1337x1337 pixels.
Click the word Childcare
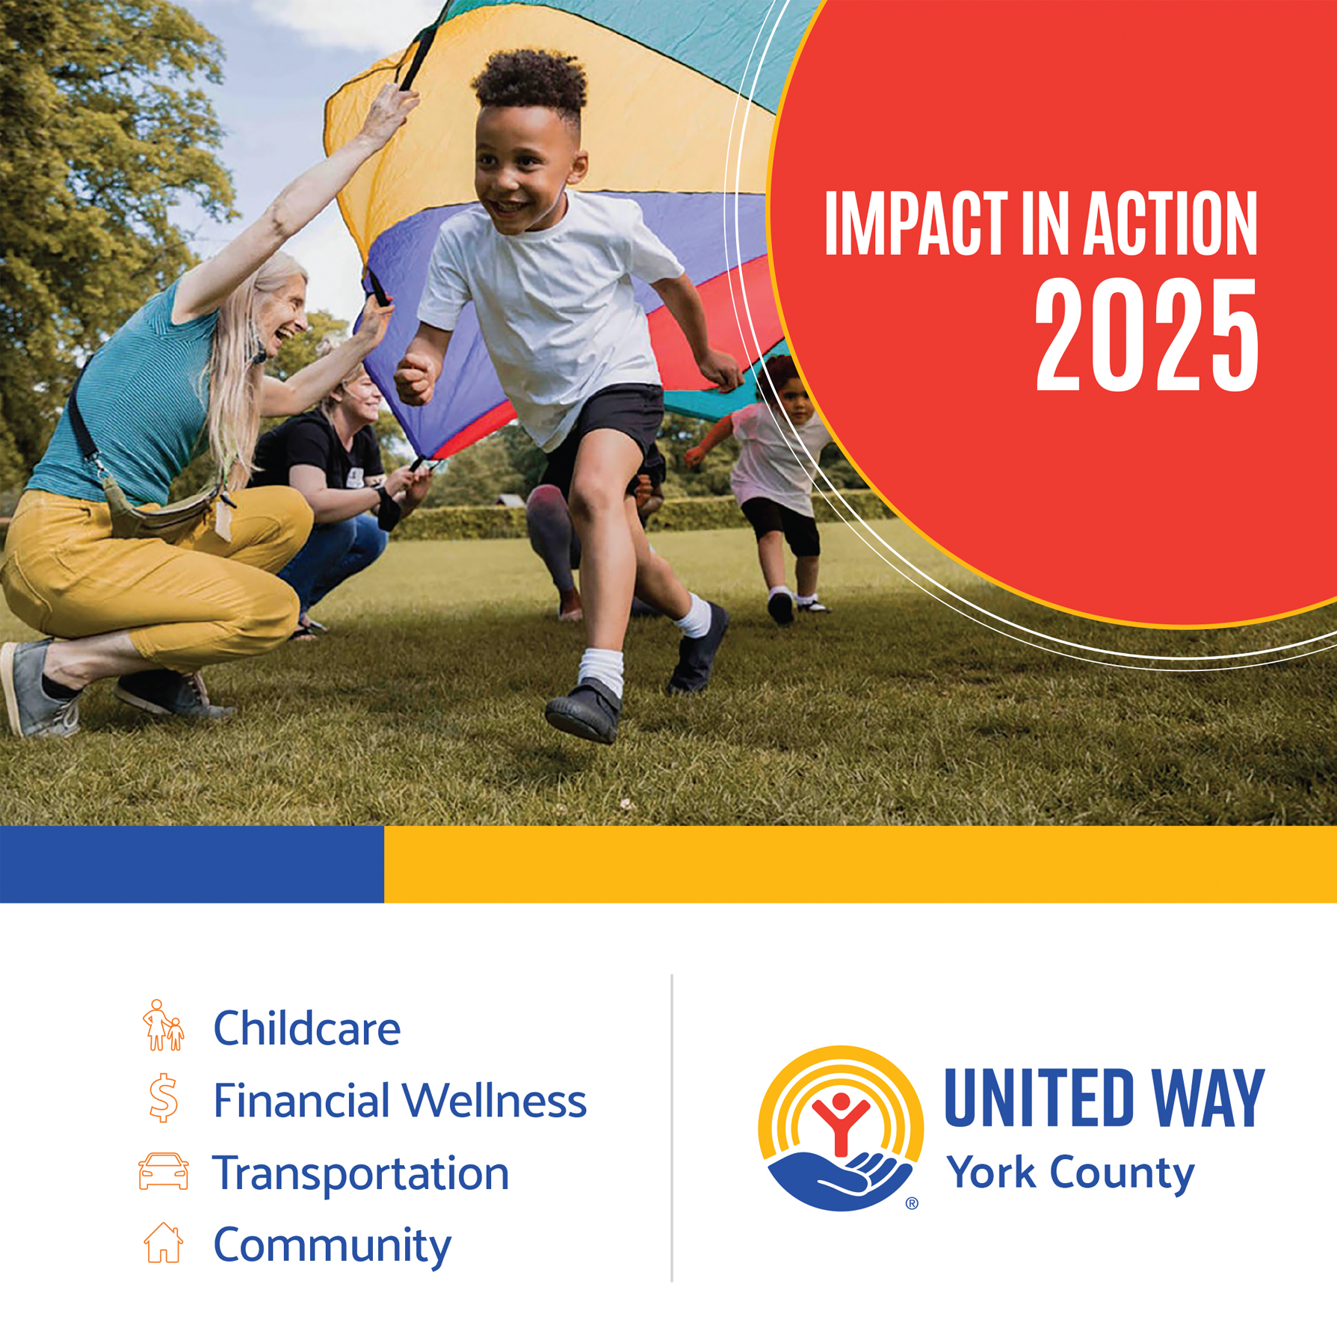click(307, 1028)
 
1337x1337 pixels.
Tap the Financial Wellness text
click(400, 1100)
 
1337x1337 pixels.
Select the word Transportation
click(361, 1173)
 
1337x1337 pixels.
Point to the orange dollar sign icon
click(163, 1098)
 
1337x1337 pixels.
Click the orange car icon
click(163, 1171)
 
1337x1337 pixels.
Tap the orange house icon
click(163, 1243)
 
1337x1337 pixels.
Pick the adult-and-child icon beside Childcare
click(163, 1025)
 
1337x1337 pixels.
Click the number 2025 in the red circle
click(1146, 336)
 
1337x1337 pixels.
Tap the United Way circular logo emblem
click(841, 1128)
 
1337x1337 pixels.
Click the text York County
click(1070, 1173)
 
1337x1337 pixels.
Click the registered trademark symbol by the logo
click(912, 1203)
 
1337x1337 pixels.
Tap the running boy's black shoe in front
click(584, 711)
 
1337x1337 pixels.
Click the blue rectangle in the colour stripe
click(192, 864)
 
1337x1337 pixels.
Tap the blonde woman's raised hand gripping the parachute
click(389, 112)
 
